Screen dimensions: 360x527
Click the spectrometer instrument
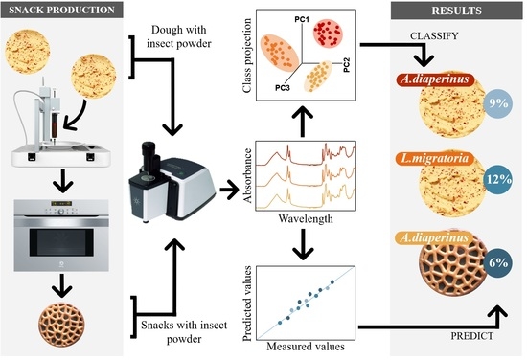(x=173, y=189)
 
